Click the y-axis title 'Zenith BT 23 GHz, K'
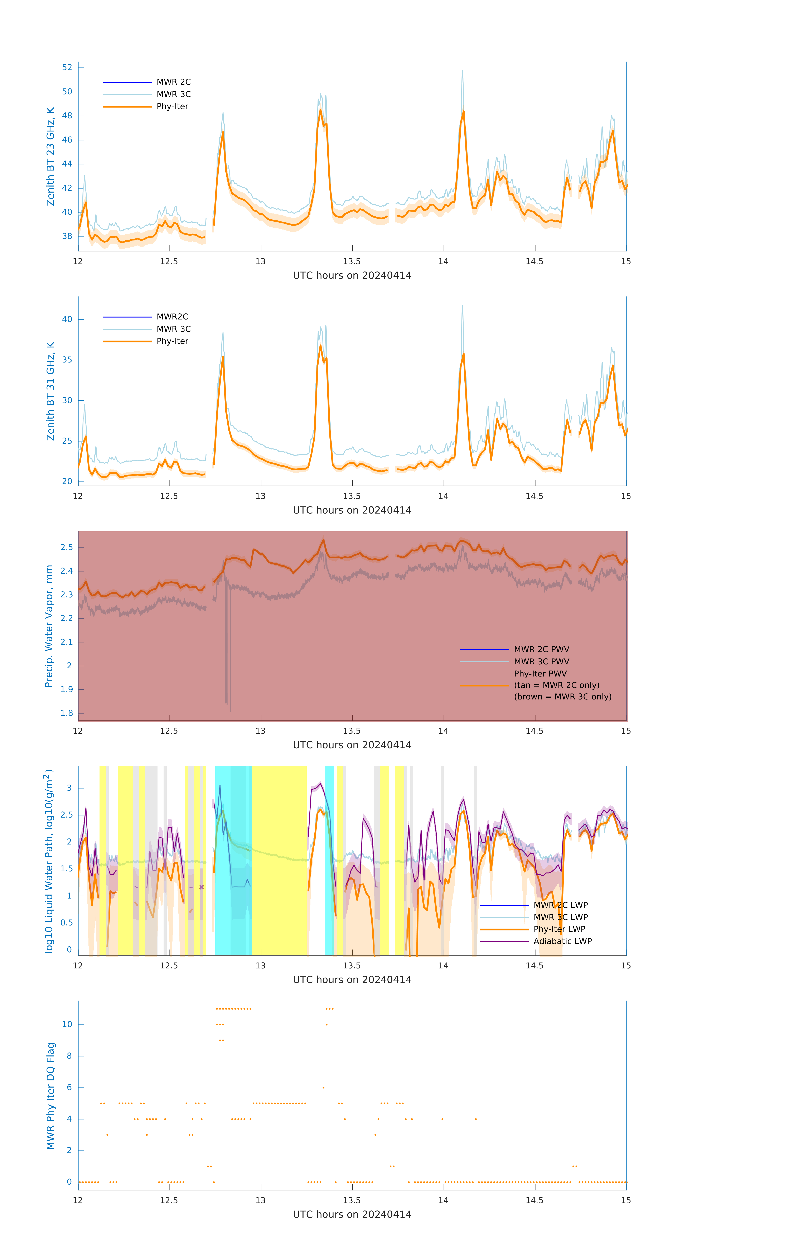[50, 156]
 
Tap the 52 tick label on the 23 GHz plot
[67, 68]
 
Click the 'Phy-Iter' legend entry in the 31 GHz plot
[172, 341]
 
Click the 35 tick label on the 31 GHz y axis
[67, 360]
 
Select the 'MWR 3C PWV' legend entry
[541, 661]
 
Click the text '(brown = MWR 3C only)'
[562, 697]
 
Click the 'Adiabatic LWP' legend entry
[562, 941]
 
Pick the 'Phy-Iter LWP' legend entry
[559, 929]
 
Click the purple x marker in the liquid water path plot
[202, 887]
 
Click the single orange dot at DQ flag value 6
[323, 1087]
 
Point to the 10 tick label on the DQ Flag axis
[67, 1024]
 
